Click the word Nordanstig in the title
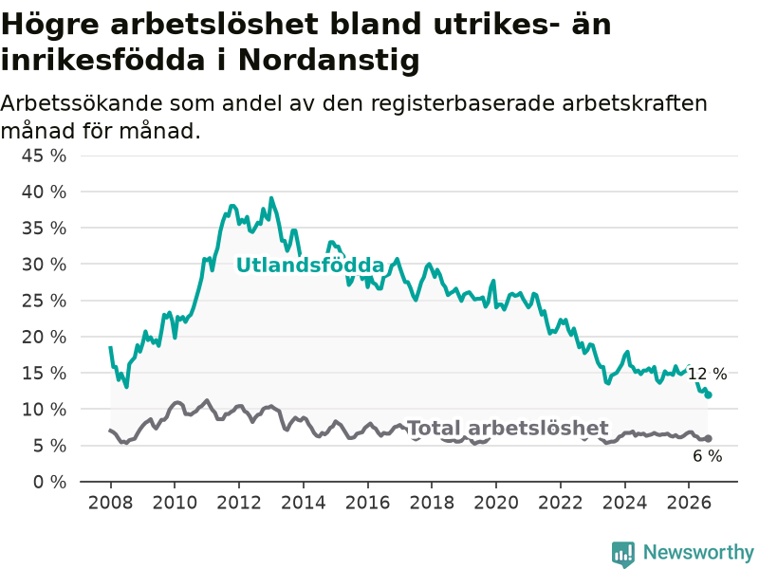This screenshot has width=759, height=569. [x=328, y=61]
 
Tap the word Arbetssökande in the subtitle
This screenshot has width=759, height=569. [x=82, y=103]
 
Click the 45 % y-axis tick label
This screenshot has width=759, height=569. [x=44, y=156]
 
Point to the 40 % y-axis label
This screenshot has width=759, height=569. [x=44, y=193]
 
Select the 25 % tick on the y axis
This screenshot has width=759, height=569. [x=44, y=301]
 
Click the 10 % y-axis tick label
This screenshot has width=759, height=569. [x=44, y=410]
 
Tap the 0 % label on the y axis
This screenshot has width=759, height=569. [x=49, y=482]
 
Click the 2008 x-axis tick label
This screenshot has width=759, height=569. [x=110, y=503]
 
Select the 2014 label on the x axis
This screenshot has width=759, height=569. [x=304, y=503]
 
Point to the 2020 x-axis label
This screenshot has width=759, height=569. [x=496, y=503]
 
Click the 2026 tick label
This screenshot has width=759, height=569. [x=689, y=503]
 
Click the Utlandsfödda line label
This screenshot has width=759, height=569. [x=310, y=266]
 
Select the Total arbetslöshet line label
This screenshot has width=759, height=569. [x=508, y=429]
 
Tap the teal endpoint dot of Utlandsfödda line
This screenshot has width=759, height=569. [x=708, y=395]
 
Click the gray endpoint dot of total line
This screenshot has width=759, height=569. [x=708, y=438]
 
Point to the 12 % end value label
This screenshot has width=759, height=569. [x=707, y=374]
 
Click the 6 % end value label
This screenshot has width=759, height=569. [x=708, y=456]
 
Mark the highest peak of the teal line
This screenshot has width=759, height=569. [x=271, y=198]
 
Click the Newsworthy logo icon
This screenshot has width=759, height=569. [x=623, y=554]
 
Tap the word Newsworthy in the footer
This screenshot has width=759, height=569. [x=698, y=552]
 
